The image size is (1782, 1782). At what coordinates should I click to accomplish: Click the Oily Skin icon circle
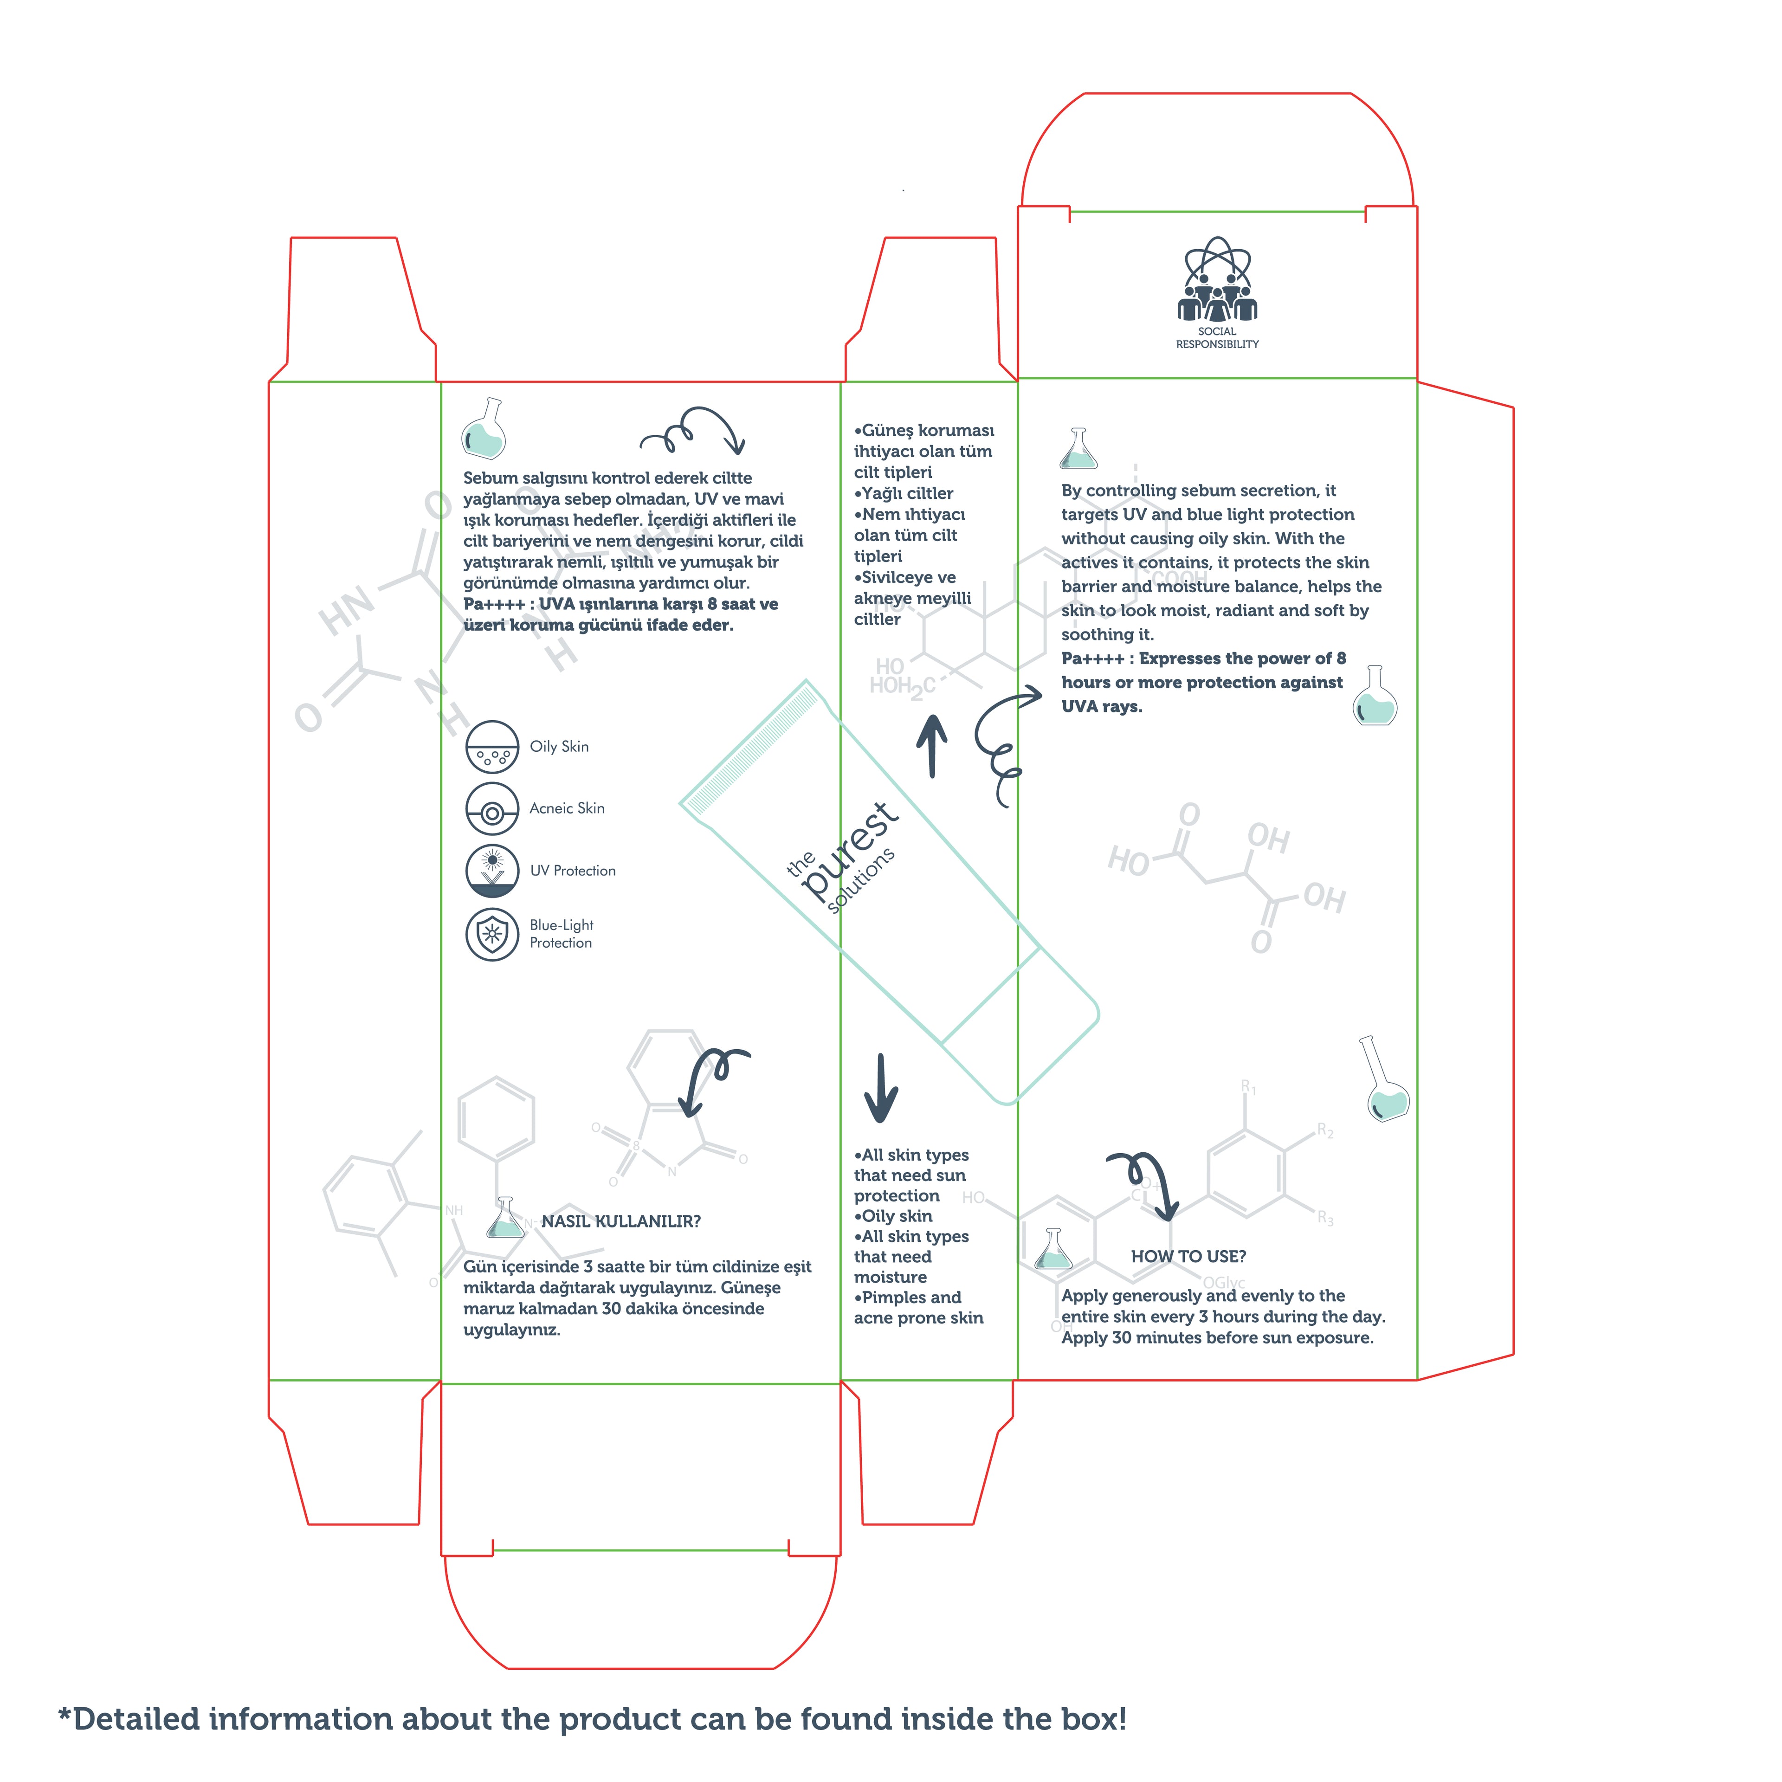[492, 746]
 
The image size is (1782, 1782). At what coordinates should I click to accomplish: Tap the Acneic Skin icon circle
[492, 809]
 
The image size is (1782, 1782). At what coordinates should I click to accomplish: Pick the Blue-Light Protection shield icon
[492, 934]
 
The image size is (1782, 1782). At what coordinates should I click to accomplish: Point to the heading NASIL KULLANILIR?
[621, 1221]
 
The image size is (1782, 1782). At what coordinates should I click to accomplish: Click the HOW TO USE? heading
[1188, 1256]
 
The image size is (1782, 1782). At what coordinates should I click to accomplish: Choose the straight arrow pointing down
[881, 1088]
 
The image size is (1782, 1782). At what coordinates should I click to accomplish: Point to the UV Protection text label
[573, 871]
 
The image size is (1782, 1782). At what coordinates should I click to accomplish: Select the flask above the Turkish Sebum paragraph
[484, 429]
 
